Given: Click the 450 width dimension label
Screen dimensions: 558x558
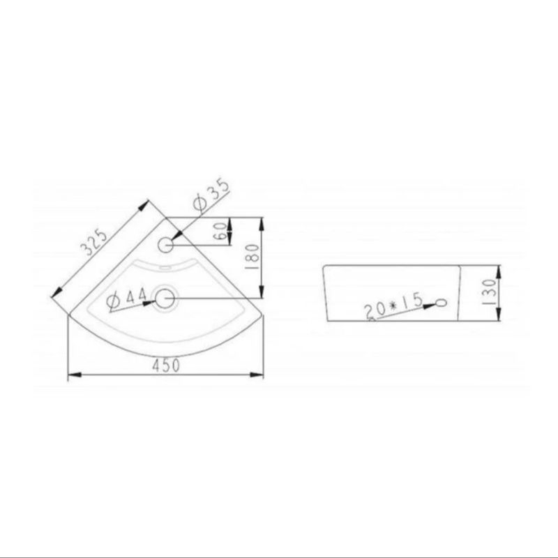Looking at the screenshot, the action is (x=166, y=365).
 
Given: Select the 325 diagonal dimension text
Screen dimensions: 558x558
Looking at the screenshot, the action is (x=94, y=243).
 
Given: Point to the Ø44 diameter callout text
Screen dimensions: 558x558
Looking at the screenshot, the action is (x=127, y=299).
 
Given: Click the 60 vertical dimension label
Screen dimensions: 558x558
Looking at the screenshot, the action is (x=221, y=232).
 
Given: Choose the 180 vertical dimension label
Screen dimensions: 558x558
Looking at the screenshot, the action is (x=252, y=257).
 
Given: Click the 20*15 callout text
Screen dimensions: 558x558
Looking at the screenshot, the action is (x=393, y=306).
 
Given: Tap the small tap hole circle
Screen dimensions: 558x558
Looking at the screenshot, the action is (x=165, y=245).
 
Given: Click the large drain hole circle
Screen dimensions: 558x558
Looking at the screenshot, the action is (x=165, y=299).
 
